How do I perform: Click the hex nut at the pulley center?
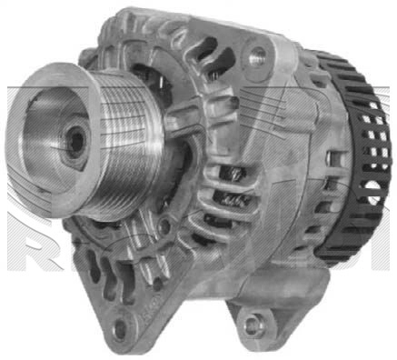(x=74, y=141)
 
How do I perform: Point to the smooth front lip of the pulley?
(x=36, y=145)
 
